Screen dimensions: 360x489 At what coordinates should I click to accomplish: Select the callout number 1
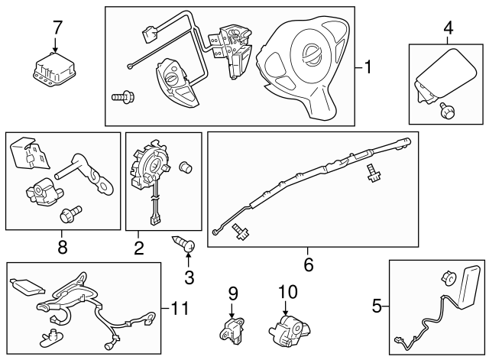click(368, 68)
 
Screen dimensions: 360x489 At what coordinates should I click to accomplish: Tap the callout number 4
click(448, 28)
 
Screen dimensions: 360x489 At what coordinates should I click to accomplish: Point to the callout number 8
click(62, 246)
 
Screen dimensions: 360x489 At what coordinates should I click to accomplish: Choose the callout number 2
click(138, 247)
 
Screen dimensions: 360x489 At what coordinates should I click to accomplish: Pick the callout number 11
click(179, 309)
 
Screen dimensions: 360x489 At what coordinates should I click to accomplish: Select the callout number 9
click(233, 292)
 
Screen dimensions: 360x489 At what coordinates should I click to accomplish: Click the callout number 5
click(376, 307)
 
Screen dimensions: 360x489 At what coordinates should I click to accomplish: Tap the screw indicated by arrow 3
click(186, 245)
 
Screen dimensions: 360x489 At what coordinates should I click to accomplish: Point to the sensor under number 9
click(231, 326)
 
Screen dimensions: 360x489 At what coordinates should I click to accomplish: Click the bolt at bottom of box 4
click(444, 112)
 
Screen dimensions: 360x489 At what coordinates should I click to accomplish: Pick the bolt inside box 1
click(121, 96)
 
